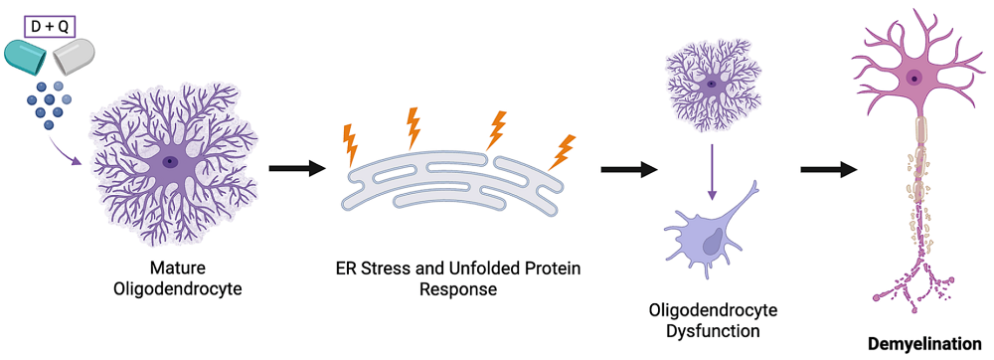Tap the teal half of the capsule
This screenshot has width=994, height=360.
pyautogui.click(x=27, y=58)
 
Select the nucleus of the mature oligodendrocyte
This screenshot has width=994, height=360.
pyautogui.click(x=171, y=161)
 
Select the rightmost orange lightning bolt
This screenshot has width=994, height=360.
pyautogui.click(x=564, y=150)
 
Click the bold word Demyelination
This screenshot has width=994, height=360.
pyautogui.click(x=923, y=344)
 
